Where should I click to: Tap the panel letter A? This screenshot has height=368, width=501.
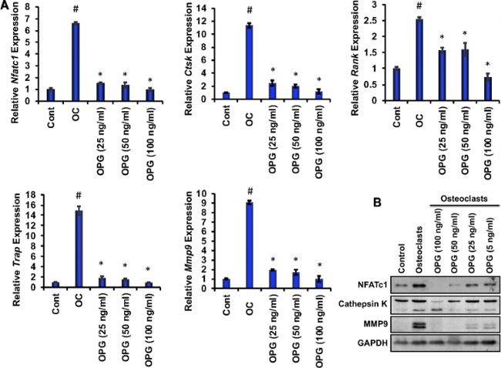(x=6, y=6)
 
